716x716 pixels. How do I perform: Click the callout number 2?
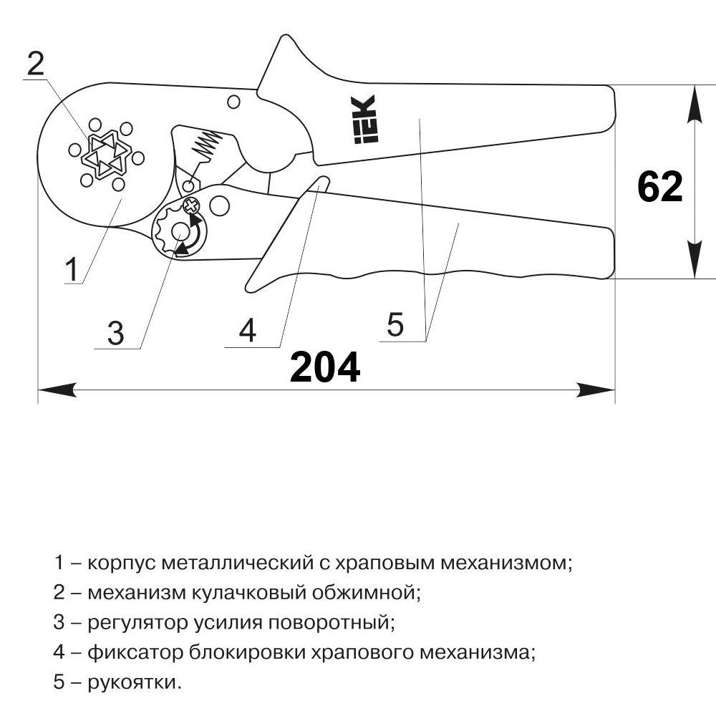pos(36,64)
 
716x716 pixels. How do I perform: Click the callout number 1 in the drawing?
pos(72,269)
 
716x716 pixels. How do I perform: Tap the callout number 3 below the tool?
pos(115,334)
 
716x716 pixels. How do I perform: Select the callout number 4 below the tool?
pos(248,330)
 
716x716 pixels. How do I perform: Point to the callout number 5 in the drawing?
pos(395,324)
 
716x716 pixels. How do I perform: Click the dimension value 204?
pos(324,367)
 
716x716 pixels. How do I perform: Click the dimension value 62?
pos(660,187)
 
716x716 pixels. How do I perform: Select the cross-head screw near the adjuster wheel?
pos(192,206)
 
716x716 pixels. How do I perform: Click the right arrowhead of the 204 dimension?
pos(596,390)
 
